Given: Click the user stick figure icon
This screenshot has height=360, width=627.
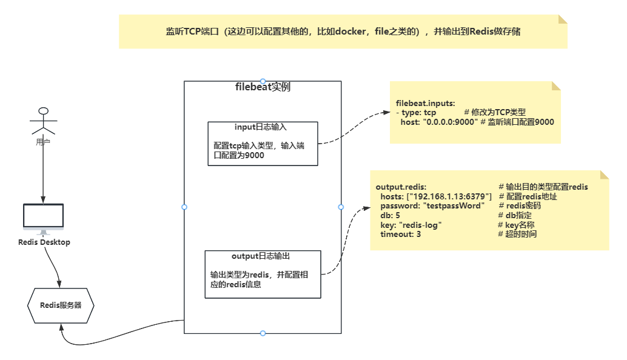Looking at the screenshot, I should tap(42, 121).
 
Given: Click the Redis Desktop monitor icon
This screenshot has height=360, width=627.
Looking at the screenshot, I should tap(43, 218).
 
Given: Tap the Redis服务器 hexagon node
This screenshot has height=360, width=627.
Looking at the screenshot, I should tap(61, 305).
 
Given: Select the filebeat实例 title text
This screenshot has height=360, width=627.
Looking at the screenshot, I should tap(263, 87).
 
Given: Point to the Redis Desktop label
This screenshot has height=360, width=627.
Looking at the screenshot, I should tap(44, 242).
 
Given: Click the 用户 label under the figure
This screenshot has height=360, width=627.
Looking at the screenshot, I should tap(43, 142).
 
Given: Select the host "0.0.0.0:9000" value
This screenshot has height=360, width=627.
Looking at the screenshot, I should tap(448, 122).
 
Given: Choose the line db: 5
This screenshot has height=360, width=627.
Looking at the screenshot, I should tap(390, 215).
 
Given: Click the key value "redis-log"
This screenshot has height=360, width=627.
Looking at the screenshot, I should tap(420, 225).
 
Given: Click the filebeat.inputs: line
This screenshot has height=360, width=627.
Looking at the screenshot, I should tap(425, 104).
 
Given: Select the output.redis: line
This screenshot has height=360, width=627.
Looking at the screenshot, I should tap(401, 187).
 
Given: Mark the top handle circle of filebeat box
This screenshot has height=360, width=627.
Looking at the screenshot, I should tap(263, 81).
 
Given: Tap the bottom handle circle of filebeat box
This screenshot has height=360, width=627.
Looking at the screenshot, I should tap(263, 333).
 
